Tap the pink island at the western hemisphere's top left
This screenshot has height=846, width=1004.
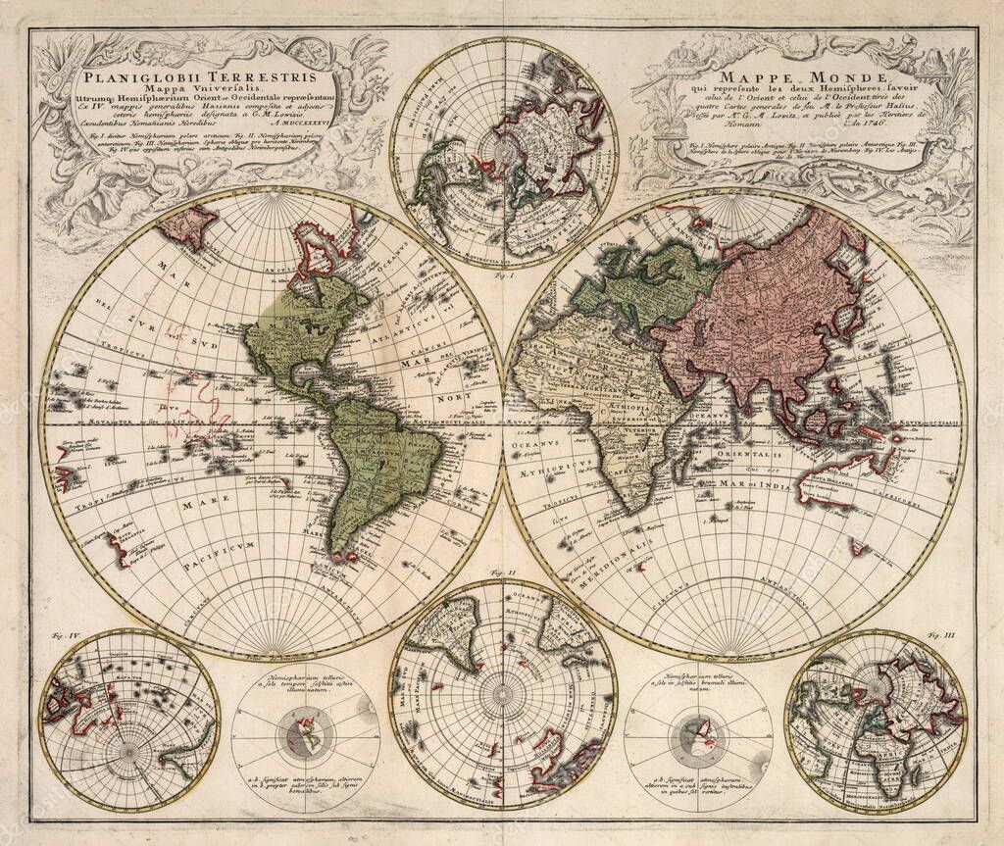coord(187,224)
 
